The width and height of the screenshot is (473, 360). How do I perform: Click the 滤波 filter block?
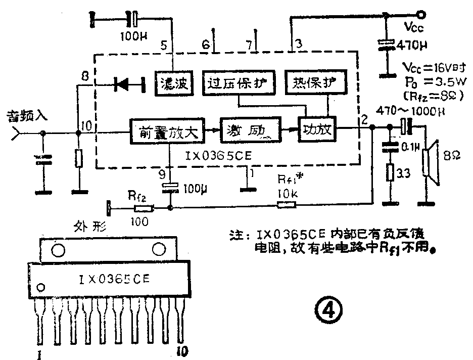pyautogui.click(x=173, y=83)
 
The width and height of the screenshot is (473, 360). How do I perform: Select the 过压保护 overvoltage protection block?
pyautogui.click(x=239, y=82)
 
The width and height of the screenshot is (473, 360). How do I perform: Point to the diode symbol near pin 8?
pyautogui.click(x=123, y=84)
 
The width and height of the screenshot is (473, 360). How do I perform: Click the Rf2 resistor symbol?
pyautogui.click(x=144, y=207)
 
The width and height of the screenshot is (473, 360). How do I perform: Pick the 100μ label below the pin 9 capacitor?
pyautogui.click(x=191, y=190)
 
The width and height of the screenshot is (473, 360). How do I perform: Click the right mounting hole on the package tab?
pyautogui.click(x=160, y=249)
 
